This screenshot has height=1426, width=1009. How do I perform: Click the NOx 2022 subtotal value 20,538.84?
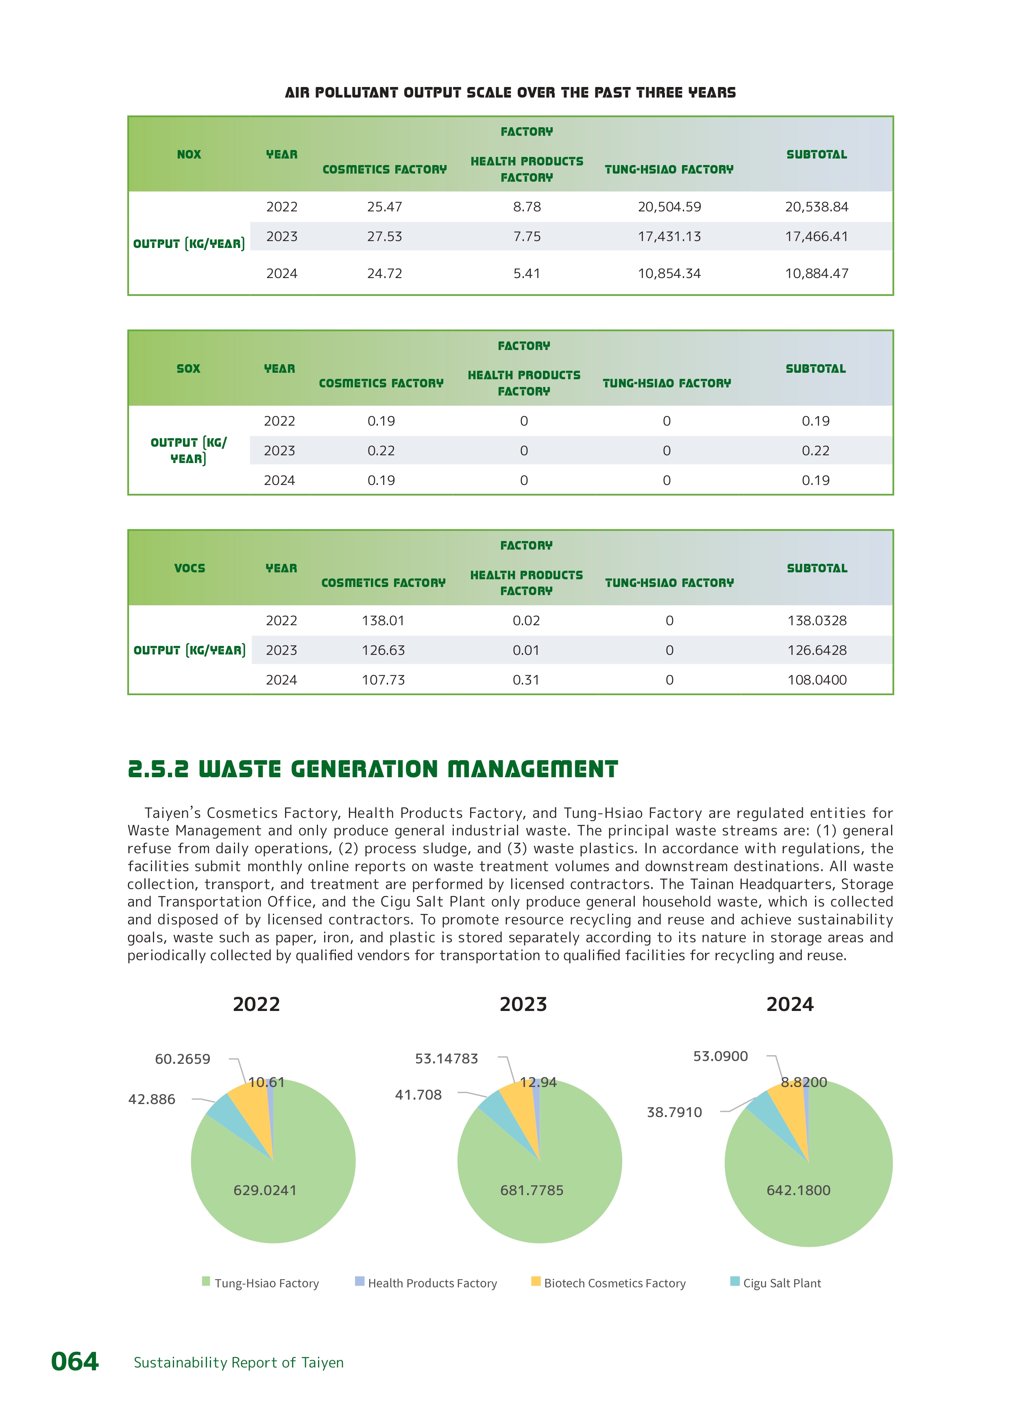[x=816, y=207]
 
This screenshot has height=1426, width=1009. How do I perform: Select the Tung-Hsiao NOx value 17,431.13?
[x=669, y=237]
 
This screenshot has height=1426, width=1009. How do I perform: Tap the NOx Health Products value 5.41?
[x=526, y=273]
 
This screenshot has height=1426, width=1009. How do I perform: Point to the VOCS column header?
[x=190, y=568]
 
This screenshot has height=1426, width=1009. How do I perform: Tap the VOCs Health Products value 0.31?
[x=525, y=680]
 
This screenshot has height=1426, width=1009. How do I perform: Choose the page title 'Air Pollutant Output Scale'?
[x=510, y=93]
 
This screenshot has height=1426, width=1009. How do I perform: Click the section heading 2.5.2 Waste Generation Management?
[x=373, y=769]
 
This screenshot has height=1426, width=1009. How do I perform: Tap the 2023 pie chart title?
[x=523, y=1004]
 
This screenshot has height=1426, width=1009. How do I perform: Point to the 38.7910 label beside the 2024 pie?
[x=674, y=1112]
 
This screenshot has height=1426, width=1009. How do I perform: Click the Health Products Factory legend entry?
[x=432, y=1283]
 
